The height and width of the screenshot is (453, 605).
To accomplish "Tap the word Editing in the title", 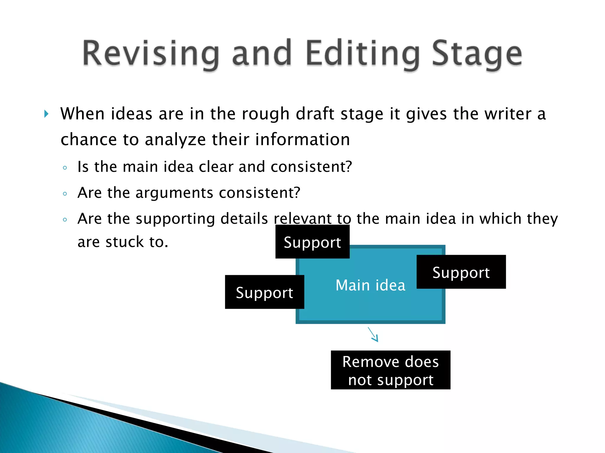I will (x=363, y=54).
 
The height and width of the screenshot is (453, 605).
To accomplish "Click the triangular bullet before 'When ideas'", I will (x=46, y=114).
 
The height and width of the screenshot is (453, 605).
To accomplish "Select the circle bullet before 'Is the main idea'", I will (x=65, y=168).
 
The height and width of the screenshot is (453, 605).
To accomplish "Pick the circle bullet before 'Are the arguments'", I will (x=65, y=194).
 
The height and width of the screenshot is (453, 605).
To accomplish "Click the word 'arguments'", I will (x=174, y=193).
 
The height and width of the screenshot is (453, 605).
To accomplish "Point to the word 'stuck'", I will (x=124, y=242).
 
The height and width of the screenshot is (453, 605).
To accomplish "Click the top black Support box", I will (x=312, y=242).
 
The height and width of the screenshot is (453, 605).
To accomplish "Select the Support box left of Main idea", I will (x=264, y=292).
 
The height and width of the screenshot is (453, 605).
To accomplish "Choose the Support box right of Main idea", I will (x=461, y=272).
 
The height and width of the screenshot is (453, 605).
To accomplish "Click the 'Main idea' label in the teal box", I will (x=370, y=285).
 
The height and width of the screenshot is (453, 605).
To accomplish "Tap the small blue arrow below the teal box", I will (x=373, y=334).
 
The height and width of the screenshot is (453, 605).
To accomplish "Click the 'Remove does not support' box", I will (x=391, y=370).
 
